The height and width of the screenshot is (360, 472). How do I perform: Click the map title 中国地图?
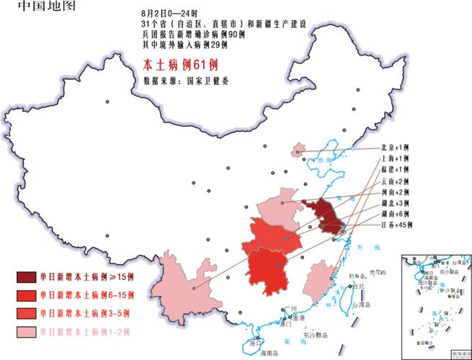(x=35, y=8)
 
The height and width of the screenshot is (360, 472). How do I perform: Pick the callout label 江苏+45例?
(x=396, y=225)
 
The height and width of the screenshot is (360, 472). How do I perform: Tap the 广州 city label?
(x=291, y=308)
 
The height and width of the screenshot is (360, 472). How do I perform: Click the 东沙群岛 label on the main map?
(x=315, y=336)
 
